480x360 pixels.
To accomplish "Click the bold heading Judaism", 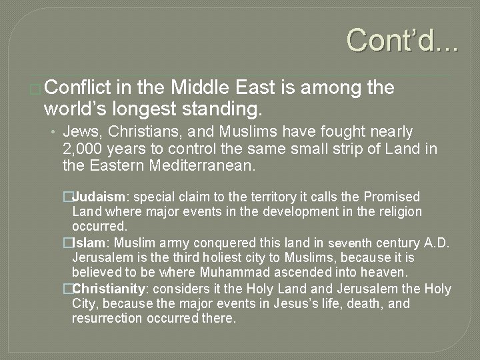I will coord(102,197).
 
